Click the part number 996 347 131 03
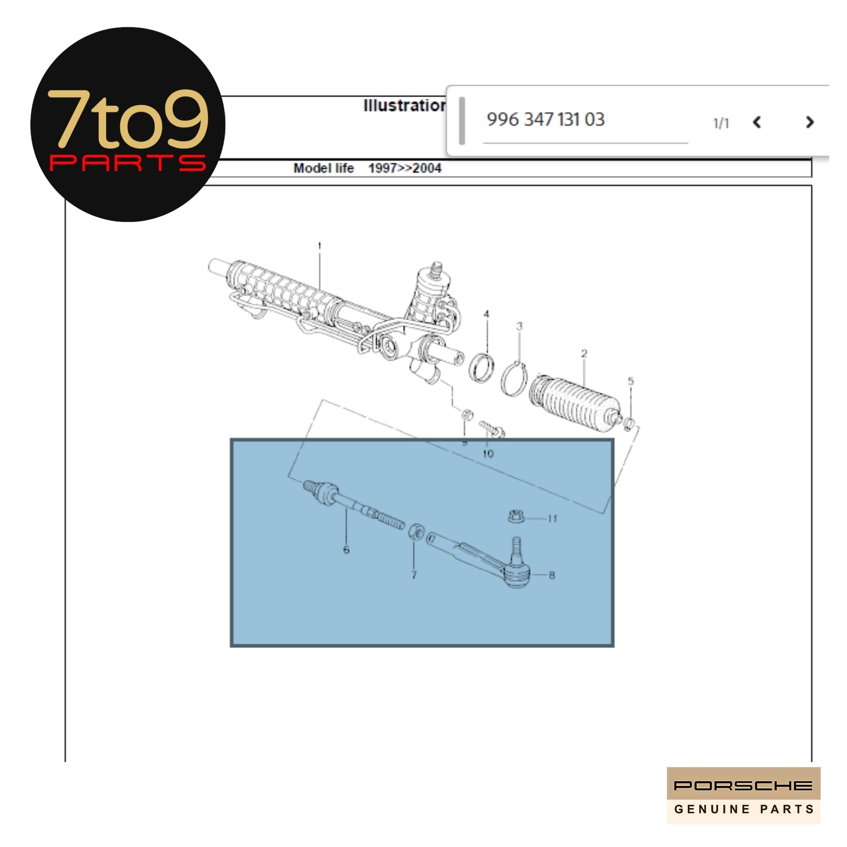(546, 120)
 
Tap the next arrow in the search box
(809, 122)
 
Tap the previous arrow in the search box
(757, 122)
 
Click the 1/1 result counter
(721, 124)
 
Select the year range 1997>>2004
(404, 168)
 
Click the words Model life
(323, 168)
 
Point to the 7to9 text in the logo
(127, 119)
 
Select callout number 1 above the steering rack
(319, 246)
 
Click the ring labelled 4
(481, 367)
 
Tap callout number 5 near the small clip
(630, 381)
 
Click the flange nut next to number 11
(516, 517)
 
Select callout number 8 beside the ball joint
(552, 575)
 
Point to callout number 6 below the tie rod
(346, 550)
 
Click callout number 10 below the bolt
(488, 454)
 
